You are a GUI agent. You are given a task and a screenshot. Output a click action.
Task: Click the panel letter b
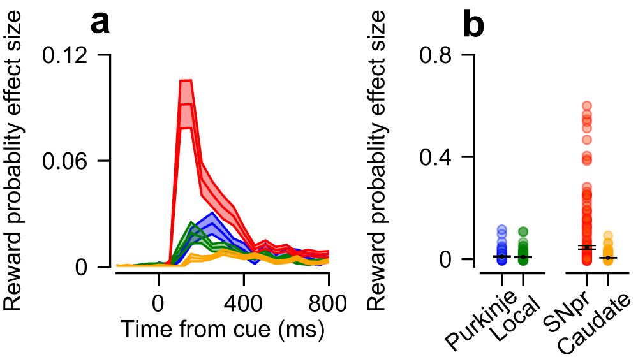point(476,24)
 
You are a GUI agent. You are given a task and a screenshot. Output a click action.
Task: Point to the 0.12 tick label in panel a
point(66,55)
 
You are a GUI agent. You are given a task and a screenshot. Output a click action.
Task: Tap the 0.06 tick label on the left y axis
point(66,161)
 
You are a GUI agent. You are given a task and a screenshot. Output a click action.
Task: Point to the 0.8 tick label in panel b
point(440,55)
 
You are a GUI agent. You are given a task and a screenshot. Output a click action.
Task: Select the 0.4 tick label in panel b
point(440,157)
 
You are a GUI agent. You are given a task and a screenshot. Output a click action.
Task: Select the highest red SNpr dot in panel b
point(586,105)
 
